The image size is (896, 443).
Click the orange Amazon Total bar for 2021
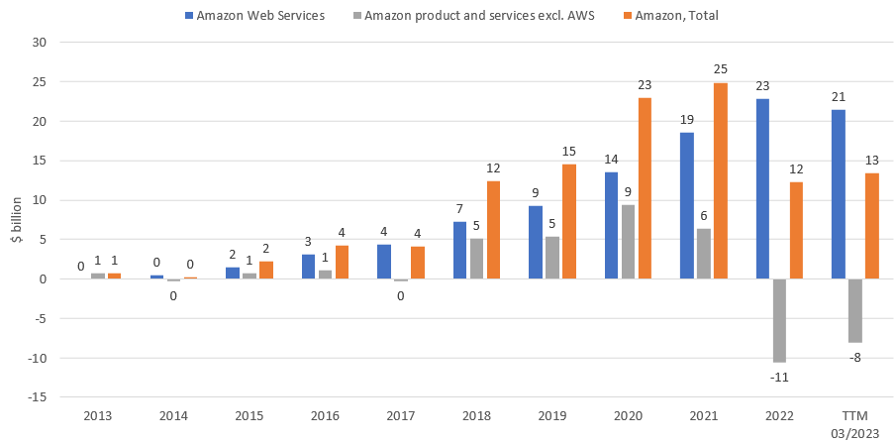tap(720, 181)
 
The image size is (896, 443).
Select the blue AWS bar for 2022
tap(763, 189)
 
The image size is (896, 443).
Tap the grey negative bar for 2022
tap(780, 320)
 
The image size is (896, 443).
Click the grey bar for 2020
tap(628, 242)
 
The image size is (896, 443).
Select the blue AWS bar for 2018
tap(459, 251)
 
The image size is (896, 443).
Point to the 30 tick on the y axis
tap(40, 43)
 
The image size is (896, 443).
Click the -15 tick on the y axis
tap(37, 397)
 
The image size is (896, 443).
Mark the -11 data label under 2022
tap(779, 377)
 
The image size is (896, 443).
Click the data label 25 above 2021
tap(720, 68)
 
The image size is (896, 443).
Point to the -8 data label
tap(855, 357)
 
